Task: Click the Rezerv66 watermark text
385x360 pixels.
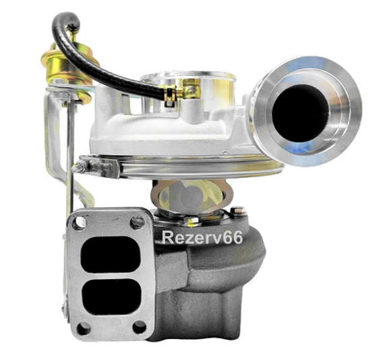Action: (x=202, y=237)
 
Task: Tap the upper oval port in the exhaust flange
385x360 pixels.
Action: (x=111, y=254)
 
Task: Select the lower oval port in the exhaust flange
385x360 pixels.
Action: (x=112, y=297)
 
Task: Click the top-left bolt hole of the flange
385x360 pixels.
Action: (x=79, y=222)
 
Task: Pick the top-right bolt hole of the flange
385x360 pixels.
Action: (x=137, y=222)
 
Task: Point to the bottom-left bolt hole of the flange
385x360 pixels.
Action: (x=84, y=328)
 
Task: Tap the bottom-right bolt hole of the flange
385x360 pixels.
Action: (x=139, y=327)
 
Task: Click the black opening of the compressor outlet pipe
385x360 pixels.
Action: (x=300, y=113)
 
